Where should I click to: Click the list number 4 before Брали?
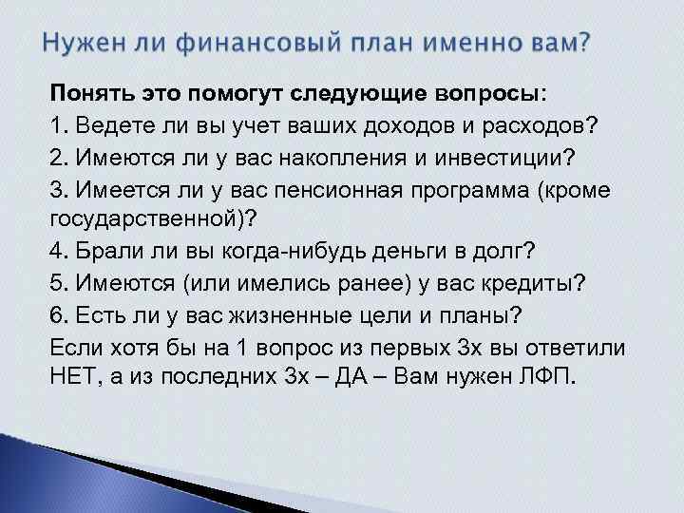click(54, 253)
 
